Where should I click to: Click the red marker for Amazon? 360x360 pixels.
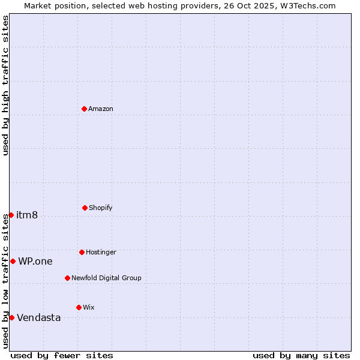84,109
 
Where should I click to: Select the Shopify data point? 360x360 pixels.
85,208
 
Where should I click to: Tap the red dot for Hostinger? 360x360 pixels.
82,252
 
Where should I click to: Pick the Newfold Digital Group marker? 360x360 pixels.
67,278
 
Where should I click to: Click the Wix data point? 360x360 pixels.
79,307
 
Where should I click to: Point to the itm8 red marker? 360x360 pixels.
11,215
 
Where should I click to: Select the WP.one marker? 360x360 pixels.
13,261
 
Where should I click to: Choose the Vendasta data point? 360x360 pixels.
11,317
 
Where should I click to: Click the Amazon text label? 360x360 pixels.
101,109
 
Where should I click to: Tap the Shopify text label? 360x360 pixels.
101,208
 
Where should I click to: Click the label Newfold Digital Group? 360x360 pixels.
106,278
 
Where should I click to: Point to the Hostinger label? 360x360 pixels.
101,252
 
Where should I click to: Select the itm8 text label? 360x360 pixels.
27,215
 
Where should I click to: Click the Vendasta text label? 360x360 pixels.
39,317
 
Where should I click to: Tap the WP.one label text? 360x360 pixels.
35,261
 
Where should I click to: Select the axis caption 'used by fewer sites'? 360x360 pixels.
62,355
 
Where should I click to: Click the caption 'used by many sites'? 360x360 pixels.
301,355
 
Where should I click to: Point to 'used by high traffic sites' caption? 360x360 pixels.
5,85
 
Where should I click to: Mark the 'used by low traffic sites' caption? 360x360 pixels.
5,280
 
